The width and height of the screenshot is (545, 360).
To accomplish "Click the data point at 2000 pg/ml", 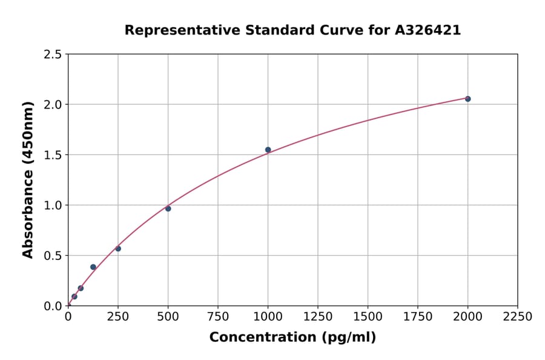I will [x=467, y=99].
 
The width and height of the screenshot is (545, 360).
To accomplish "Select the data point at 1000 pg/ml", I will [x=268, y=150].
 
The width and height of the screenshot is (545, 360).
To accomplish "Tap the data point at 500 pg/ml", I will [x=168, y=208].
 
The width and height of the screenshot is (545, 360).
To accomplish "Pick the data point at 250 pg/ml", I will [x=118, y=248].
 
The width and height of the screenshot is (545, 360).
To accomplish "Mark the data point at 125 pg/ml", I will [x=93, y=267].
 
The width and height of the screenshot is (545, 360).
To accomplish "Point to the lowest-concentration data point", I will [x=74, y=296].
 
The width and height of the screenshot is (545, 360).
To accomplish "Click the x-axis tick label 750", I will [x=218, y=317].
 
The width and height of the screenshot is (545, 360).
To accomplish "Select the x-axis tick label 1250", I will [x=318, y=317].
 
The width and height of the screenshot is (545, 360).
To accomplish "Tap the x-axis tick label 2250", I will [x=517, y=317].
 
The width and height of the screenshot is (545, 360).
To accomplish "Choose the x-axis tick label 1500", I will [x=368, y=317].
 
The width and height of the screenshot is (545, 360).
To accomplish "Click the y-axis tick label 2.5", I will [x=53, y=55].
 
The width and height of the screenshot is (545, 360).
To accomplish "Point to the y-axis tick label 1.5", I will [x=53, y=155].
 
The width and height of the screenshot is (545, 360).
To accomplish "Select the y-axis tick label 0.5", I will [x=53, y=256].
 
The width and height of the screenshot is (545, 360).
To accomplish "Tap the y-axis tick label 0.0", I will [x=53, y=306].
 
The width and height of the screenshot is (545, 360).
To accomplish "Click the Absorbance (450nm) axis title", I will [x=28, y=180].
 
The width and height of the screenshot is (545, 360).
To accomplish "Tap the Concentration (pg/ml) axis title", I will [x=292, y=338].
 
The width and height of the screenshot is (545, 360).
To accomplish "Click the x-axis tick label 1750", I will [x=417, y=317].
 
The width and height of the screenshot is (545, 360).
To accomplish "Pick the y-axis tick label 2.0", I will [x=53, y=105].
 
